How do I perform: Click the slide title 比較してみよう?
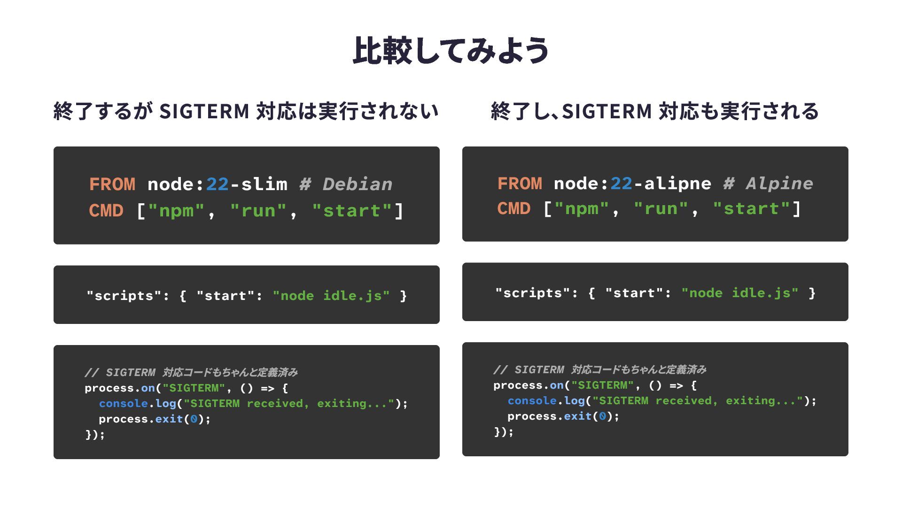[451, 50]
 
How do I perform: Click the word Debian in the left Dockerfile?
[358, 184]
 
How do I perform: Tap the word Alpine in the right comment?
[779, 184]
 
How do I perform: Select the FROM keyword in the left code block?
[112, 184]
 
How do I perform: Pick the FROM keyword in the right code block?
[520, 184]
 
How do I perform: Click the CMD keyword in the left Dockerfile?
[106, 211]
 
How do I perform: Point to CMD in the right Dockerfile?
[514, 208]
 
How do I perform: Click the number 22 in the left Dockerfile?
[217, 184]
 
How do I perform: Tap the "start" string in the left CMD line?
[352, 211]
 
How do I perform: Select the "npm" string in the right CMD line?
[582, 208]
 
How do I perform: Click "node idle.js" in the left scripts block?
[331, 296]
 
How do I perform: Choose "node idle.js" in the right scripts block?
[740, 293]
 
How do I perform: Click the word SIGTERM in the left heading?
[204, 112]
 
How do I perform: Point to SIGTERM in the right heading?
[607, 112]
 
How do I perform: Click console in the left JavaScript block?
[123, 404]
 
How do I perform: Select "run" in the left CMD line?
[258, 211]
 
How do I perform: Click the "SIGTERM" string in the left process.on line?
[194, 388]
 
